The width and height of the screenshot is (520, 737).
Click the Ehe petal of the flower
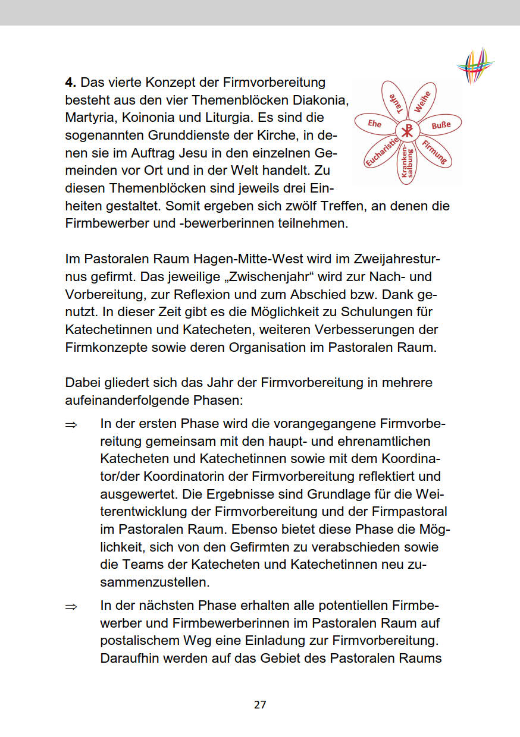point(375,124)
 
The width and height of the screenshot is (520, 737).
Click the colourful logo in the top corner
point(475,65)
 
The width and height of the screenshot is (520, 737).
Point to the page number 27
point(260,705)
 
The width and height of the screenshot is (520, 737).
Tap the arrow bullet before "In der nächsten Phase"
point(71,606)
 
